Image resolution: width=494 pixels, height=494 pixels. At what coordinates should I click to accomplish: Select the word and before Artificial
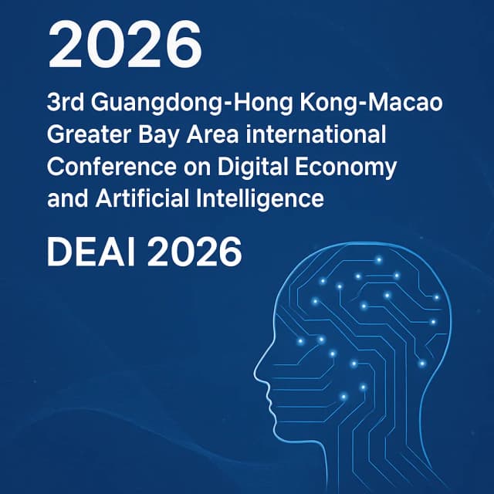click(64, 198)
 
